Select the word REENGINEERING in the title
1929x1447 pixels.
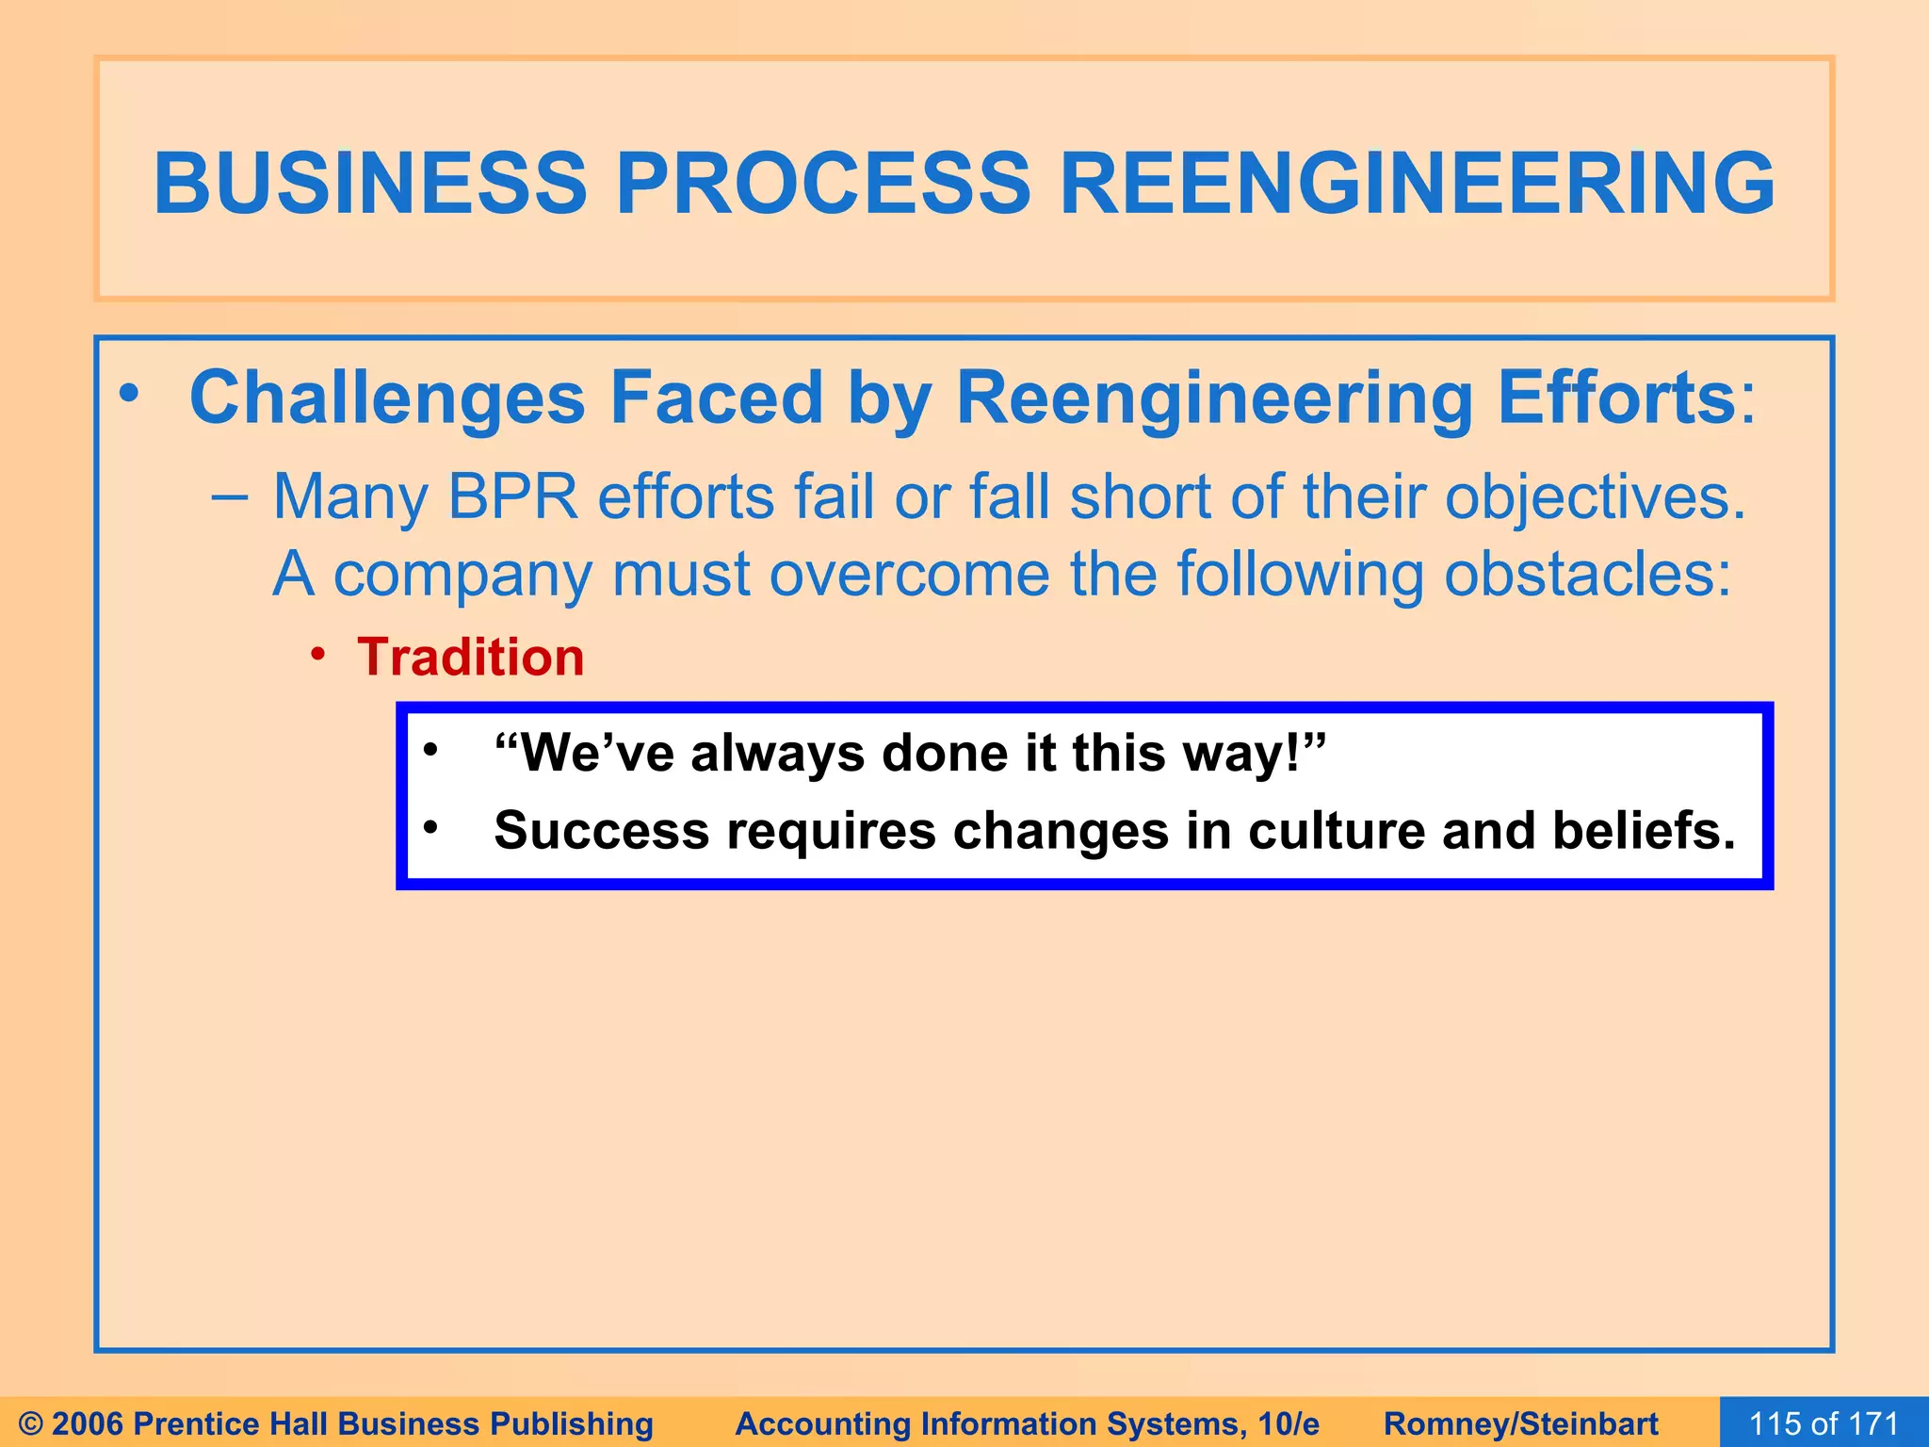(x=1417, y=183)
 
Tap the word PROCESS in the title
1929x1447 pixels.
(x=823, y=183)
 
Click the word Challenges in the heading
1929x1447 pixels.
(x=387, y=398)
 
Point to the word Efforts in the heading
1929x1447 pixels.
(x=1616, y=398)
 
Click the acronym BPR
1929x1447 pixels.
(x=512, y=496)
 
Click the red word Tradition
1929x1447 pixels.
(x=470, y=657)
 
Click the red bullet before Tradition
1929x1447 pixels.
(x=319, y=653)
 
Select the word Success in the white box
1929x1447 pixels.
(x=601, y=831)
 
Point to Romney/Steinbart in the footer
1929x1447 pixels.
(x=1520, y=1423)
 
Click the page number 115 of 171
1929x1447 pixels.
(x=1824, y=1423)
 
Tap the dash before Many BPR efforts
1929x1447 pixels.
(x=230, y=498)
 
